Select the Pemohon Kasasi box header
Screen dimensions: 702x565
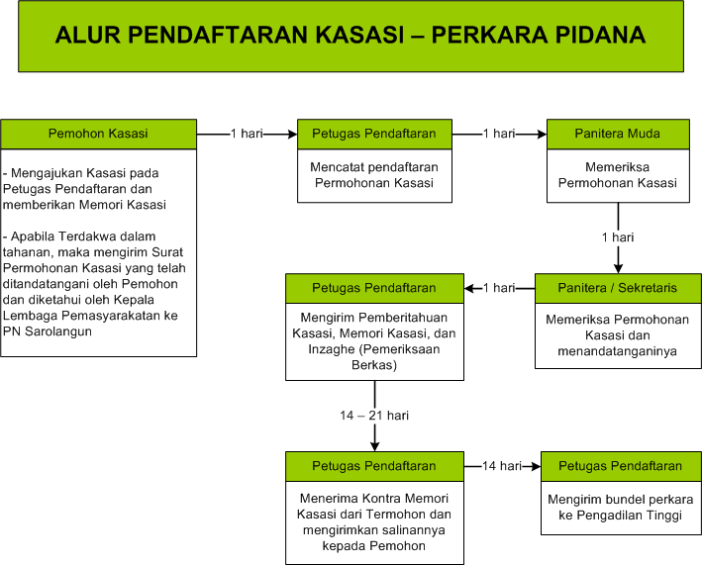98,134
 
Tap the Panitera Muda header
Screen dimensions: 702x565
618,134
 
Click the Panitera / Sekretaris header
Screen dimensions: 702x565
618,288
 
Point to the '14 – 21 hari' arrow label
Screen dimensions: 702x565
374,416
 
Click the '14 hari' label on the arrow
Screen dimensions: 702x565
502,466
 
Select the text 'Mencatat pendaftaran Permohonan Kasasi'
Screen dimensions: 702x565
374,175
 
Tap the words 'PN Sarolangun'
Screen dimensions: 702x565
48,331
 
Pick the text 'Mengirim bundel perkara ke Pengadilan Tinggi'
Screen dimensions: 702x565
621,508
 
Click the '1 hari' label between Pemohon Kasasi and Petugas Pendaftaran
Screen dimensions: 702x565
247,134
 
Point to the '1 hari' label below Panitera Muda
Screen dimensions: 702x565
618,237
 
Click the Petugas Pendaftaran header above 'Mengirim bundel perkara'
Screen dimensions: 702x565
621,466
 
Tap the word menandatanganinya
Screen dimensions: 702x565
618,351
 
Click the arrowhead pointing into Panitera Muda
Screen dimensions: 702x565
543,135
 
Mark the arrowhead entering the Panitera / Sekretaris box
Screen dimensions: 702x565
618,268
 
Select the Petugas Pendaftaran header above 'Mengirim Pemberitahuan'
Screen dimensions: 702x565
374,288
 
